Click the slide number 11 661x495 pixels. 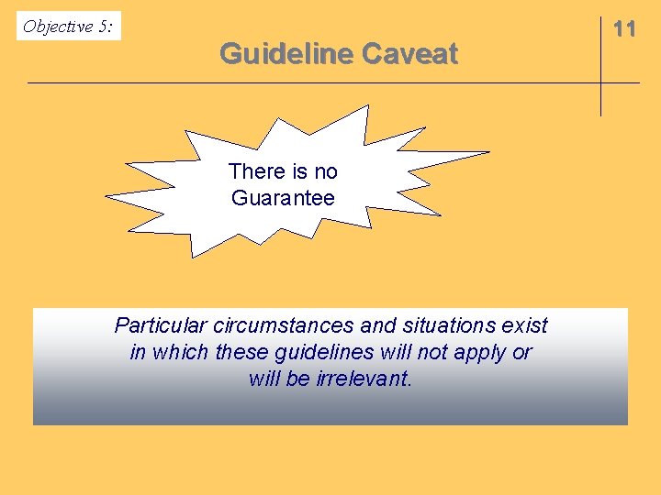[x=624, y=29]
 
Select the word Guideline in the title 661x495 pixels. [x=286, y=55]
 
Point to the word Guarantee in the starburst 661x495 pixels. [x=283, y=198]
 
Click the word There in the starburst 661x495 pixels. [x=256, y=171]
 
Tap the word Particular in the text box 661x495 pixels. [x=161, y=325]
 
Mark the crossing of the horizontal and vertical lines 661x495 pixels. [x=600, y=83]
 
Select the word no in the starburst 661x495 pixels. [x=326, y=171]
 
